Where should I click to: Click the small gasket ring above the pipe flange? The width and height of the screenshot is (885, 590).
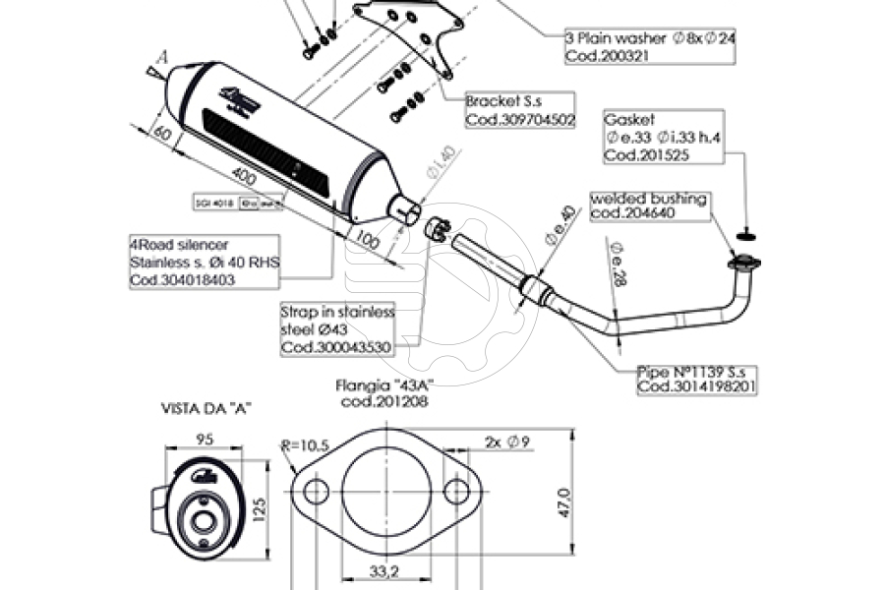(746, 234)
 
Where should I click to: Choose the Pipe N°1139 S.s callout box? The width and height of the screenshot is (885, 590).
(697, 379)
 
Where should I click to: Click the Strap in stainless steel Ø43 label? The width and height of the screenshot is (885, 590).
(337, 329)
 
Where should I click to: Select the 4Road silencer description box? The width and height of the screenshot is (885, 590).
(204, 262)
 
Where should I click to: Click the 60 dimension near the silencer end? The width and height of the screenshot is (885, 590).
(162, 133)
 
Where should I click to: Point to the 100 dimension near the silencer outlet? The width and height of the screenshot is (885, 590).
(369, 241)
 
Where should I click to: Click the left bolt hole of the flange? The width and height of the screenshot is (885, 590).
(315, 492)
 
